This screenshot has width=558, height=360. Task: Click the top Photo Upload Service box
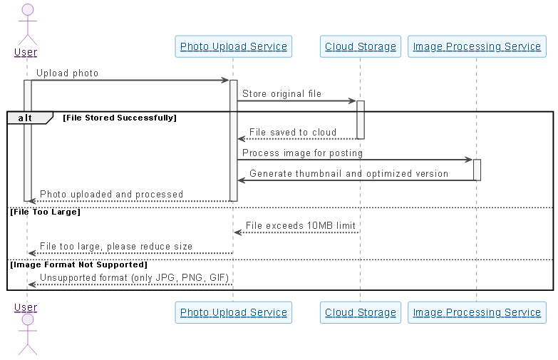pyautogui.click(x=233, y=47)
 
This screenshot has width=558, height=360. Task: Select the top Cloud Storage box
pyautogui.click(x=360, y=47)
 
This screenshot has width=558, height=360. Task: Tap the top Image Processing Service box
pyautogui.click(x=477, y=47)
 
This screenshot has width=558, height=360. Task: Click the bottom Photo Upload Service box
pyautogui.click(x=233, y=312)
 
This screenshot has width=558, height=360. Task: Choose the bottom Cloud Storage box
pyautogui.click(x=360, y=312)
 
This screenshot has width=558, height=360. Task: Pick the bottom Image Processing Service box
pyautogui.click(x=477, y=312)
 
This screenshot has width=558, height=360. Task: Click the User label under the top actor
pyautogui.click(x=26, y=52)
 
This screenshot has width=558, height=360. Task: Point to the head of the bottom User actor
pyautogui.click(x=27, y=319)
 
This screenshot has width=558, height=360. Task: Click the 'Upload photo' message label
pyautogui.click(x=67, y=73)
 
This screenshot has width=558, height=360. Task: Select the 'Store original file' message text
pyautogui.click(x=281, y=93)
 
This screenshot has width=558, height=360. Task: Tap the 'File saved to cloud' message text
pyautogui.click(x=293, y=132)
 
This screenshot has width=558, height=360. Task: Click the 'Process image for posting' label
pyautogui.click(x=302, y=153)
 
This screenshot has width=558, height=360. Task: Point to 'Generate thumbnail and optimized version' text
pyautogui.click(x=348, y=173)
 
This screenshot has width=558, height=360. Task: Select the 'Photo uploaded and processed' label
pyautogui.click(x=111, y=194)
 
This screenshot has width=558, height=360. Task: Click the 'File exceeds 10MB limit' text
pyautogui.click(x=300, y=226)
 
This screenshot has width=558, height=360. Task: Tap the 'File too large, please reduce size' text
pyautogui.click(x=115, y=246)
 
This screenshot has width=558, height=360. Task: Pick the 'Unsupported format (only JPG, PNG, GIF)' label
pyautogui.click(x=135, y=277)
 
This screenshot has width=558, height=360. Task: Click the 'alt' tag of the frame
pyautogui.click(x=25, y=118)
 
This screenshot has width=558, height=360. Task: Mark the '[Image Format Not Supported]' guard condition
pyautogui.click(x=78, y=264)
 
